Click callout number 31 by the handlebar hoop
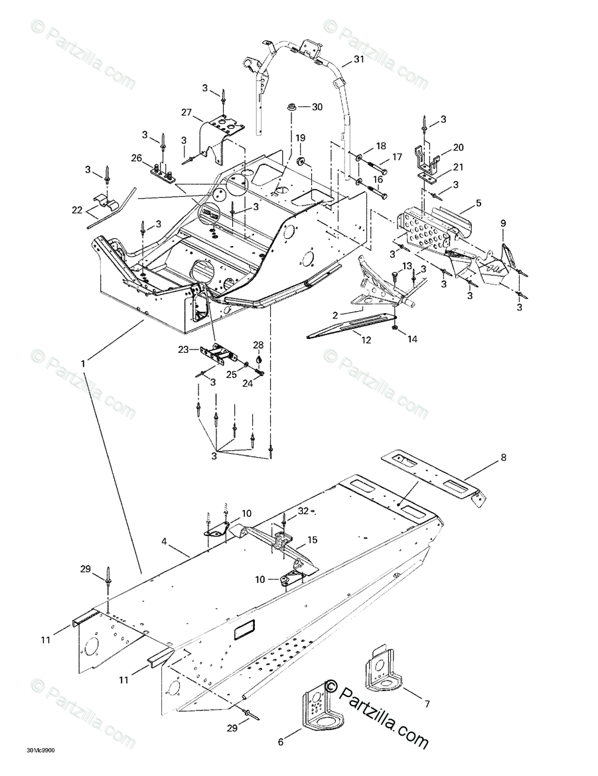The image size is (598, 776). (359, 60)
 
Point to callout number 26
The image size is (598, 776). (137, 158)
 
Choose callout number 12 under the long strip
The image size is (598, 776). (366, 340)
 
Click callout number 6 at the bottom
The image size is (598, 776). (281, 742)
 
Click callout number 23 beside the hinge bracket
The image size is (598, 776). (185, 349)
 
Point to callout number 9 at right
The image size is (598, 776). (503, 223)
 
